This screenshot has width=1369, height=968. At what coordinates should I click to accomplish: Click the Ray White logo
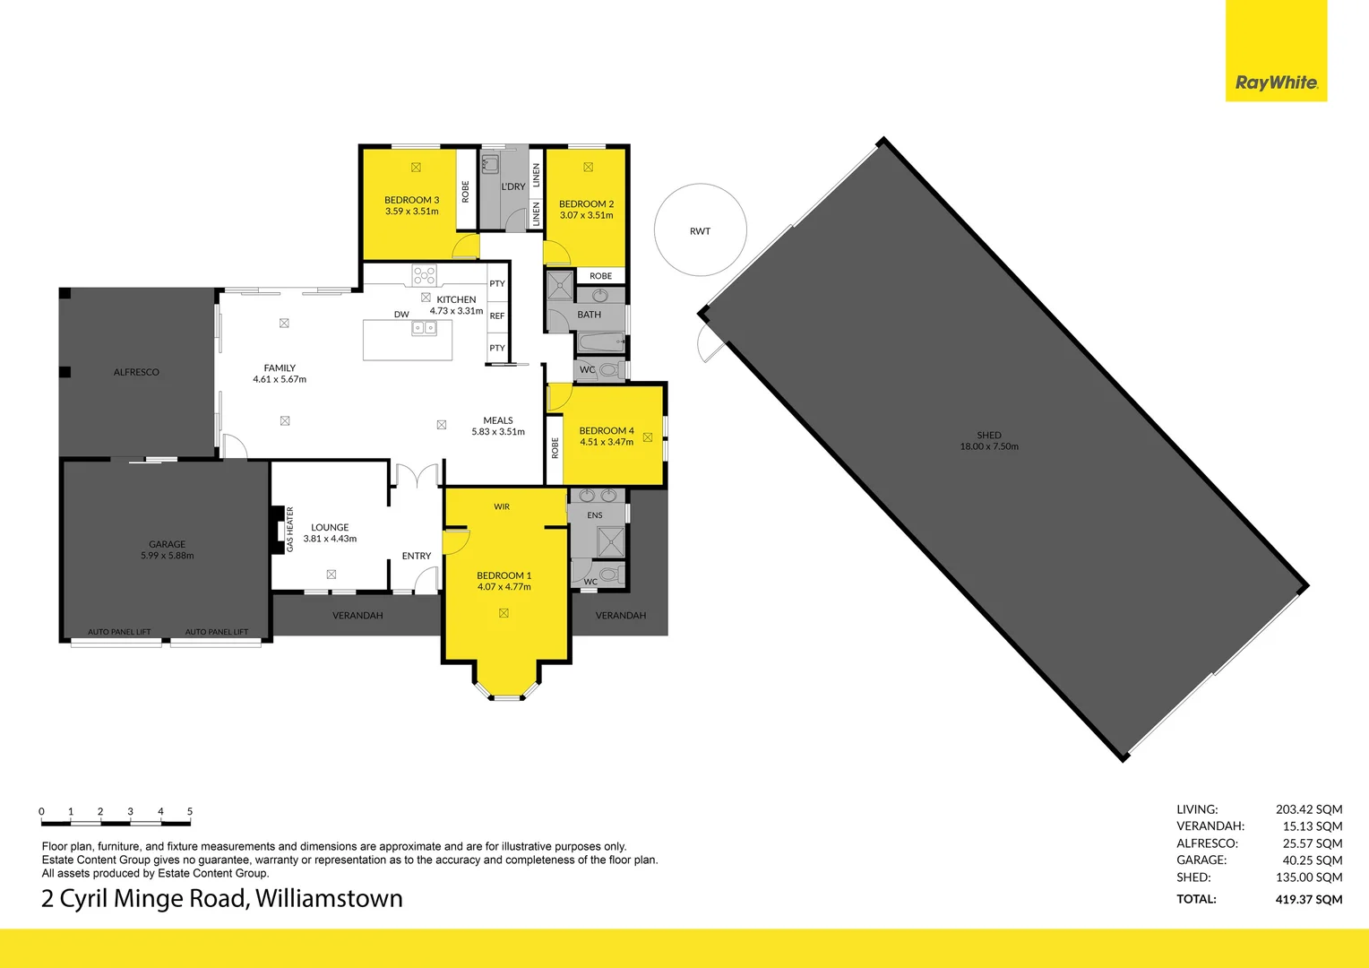click(1276, 82)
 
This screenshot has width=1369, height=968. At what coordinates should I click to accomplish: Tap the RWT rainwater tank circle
click(700, 231)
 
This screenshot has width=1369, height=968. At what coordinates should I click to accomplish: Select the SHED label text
click(989, 435)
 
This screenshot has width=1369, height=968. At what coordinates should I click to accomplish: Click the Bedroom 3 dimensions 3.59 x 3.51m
click(412, 212)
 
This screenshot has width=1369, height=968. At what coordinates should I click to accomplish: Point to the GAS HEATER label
click(290, 529)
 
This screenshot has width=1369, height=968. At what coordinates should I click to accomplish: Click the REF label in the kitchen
click(497, 315)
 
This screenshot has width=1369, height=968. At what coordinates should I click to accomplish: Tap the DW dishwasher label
click(401, 315)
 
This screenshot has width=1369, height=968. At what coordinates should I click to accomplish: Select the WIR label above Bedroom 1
click(502, 506)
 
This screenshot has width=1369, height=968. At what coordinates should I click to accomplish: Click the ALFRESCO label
click(136, 372)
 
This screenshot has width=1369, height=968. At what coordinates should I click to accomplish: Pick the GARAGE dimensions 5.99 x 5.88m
click(168, 556)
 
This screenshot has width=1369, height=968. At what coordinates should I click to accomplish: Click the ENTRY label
click(417, 556)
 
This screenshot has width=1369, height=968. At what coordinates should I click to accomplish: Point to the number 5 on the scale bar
click(190, 811)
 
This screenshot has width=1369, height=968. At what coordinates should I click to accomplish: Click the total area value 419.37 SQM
click(1308, 899)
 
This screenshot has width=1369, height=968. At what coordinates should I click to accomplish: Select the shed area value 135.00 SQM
click(1308, 877)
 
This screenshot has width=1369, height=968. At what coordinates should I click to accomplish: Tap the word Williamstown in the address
click(329, 899)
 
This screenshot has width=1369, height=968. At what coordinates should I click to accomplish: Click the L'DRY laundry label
click(513, 186)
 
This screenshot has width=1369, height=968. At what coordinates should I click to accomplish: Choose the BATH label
click(590, 315)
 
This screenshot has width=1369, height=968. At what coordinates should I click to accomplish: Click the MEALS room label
click(498, 420)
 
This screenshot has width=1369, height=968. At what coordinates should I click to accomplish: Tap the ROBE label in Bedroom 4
click(555, 447)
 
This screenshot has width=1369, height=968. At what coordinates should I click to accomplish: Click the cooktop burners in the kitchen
click(425, 274)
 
